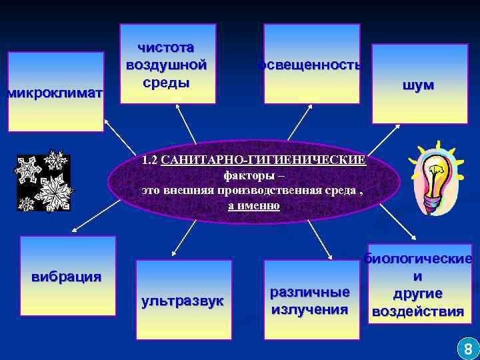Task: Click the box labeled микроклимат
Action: pyautogui.click(x=55, y=93)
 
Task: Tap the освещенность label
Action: pyautogui.click(x=311, y=65)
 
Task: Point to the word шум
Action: pyautogui.click(x=418, y=85)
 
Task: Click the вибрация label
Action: pyautogui.click(x=67, y=276)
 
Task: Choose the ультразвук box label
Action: pyautogui.click(x=183, y=301)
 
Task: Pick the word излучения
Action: pyautogui.click(x=309, y=309)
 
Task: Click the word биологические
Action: pyautogui.click(x=419, y=259)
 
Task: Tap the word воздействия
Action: pyautogui.click(x=418, y=311)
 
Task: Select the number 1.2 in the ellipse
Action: pyautogui.click(x=149, y=160)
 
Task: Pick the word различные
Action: pyautogui.click(x=309, y=292)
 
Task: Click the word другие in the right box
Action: pyautogui.click(x=418, y=294)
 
